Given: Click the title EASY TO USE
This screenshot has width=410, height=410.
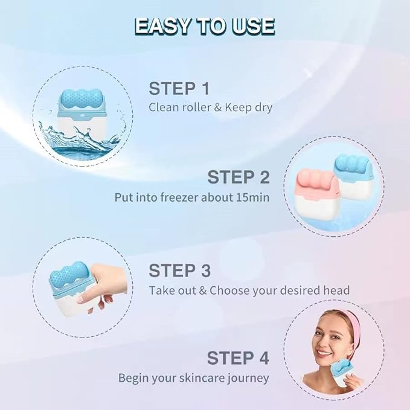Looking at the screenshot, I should (205, 26).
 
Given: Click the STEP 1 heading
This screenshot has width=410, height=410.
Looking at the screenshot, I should (179, 89).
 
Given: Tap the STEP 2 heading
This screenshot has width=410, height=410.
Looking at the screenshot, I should (239, 178).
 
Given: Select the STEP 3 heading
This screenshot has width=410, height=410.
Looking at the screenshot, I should (180, 269).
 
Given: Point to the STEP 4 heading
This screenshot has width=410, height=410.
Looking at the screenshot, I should (238, 357).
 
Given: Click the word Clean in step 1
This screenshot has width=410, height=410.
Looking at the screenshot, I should (164, 107).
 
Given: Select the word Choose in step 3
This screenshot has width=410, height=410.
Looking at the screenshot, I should (229, 289).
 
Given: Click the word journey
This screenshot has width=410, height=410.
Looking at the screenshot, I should (246, 378).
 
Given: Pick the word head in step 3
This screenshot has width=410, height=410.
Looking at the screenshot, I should (336, 289).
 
